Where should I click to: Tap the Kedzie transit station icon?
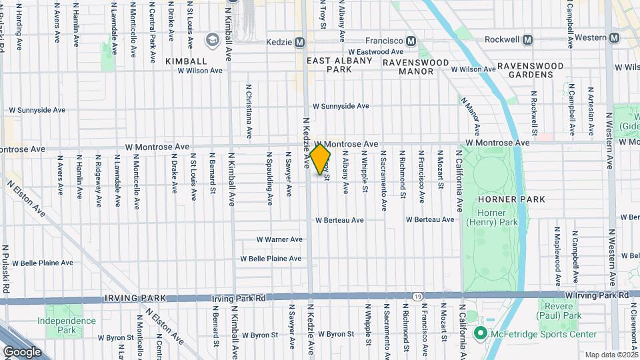coord(300,42)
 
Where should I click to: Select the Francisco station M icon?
coord(411,41)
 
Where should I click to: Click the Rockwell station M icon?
coord(528,40)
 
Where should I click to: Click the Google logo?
coord(21,351)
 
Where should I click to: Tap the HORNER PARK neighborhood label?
coord(511,199)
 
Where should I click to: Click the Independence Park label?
coord(67,325)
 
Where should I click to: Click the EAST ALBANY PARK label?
coord(339,65)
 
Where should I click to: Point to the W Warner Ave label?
coord(280,239)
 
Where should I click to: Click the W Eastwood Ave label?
coord(375,51)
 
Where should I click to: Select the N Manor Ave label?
coord(470,114)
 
